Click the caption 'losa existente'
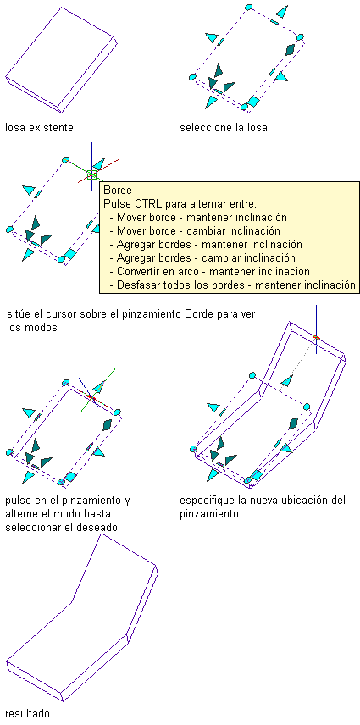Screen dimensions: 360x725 (39, 128)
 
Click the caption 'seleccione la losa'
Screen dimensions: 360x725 (224, 128)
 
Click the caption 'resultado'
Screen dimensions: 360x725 (27, 713)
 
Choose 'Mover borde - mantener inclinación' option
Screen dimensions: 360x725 (202, 217)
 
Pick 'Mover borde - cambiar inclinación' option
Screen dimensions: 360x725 (198, 230)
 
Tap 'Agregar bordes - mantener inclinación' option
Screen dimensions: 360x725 (209, 244)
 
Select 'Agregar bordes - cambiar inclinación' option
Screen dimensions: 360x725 (206, 257)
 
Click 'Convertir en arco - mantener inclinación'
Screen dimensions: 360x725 (213, 271)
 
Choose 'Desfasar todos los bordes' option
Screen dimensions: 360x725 (180, 285)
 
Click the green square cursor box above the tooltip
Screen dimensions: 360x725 (91, 174)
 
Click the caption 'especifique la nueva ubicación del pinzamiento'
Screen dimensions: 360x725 (263, 507)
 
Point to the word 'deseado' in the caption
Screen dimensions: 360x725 (97, 527)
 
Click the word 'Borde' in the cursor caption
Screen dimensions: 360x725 (202, 314)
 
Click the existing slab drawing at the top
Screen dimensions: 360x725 (60, 60)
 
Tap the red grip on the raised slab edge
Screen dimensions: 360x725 (316, 338)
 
